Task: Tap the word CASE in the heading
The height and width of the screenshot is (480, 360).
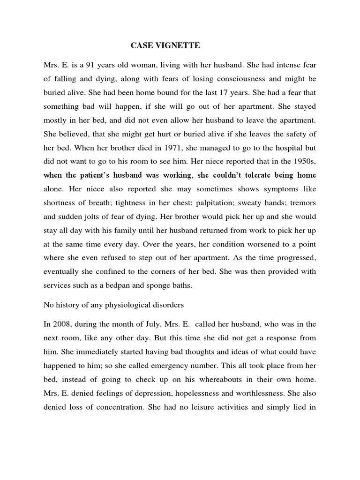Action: [x=140, y=46]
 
